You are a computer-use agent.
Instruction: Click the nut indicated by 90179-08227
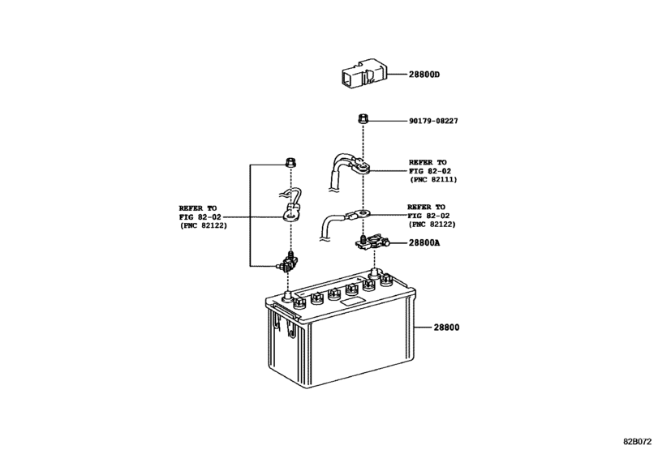pos(364,120)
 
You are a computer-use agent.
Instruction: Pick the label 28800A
pos(425,242)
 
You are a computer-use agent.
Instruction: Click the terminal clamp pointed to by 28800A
pos(372,241)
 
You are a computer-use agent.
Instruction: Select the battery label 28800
pos(445,328)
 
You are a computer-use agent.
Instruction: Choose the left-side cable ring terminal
pos(290,215)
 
